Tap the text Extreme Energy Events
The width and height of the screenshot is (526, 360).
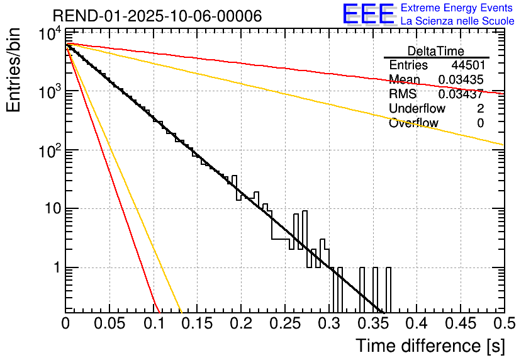(x=457, y=8)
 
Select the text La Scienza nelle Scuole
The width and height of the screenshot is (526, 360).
(x=457, y=21)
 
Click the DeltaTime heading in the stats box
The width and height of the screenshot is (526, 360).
(x=436, y=51)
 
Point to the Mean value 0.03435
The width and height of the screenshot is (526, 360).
(x=461, y=79)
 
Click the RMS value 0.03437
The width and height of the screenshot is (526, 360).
(x=461, y=94)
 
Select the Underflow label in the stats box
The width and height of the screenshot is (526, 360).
(x=417, y=109)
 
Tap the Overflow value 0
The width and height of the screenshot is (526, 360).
(x=481, y=123)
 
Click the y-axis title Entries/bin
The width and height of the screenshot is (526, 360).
(x=14, y=69)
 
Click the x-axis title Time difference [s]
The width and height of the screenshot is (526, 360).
(x=429, y=346)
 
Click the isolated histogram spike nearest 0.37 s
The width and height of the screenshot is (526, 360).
(x=388, y=290)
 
